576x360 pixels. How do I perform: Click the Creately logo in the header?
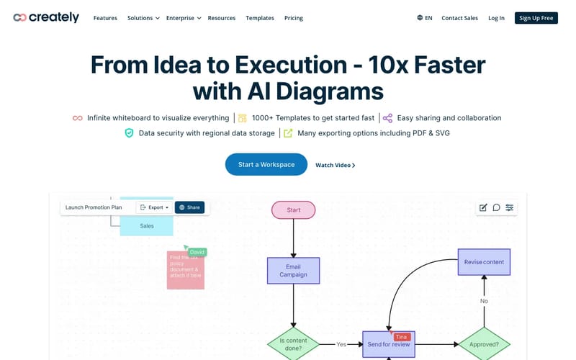coord(46,17)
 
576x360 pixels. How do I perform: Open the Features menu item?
coord(105,18)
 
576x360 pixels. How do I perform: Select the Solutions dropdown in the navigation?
coord(143,18)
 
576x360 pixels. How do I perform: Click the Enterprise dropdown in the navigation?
coord(183,18)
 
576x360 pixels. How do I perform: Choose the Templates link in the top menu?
coord(259,18)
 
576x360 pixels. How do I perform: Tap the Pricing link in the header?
coord(293,18)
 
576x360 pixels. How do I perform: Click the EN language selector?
coord(424,18)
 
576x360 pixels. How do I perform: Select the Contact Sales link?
coord(459,18)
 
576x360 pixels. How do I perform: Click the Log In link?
coord(496,18)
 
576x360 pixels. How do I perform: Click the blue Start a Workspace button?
coord(266,164)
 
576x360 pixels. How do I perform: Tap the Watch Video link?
coord(335,165)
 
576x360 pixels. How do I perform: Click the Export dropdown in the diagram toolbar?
coord(154,207)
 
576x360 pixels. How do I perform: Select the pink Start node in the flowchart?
coord(293,210)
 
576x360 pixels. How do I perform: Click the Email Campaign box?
coord(293,271)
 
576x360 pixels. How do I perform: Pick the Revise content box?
coord(484,262)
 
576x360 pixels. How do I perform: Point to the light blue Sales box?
coord(146,225)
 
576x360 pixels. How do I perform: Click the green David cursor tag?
coord(197,252)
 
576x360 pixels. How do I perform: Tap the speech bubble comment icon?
coord(496,207)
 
